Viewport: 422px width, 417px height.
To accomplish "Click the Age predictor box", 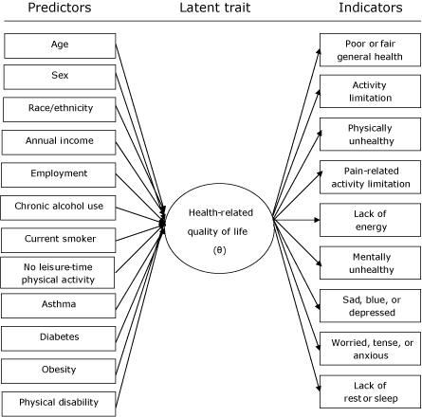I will (60, 45).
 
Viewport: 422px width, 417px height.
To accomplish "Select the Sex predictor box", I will (60, 76).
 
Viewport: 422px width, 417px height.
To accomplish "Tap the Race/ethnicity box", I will (60, 108).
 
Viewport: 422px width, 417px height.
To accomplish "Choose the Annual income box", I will (60, 141).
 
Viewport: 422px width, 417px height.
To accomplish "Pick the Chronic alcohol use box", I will (60, 206).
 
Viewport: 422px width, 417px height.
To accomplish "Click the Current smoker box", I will (60, 239).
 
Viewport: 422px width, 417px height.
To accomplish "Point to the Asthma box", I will (60, 304).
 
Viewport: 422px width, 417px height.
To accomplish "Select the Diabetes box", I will (60, 336).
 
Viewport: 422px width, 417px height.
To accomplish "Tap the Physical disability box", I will (60, 402).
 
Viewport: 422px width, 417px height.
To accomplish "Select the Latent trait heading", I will (213, 9).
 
